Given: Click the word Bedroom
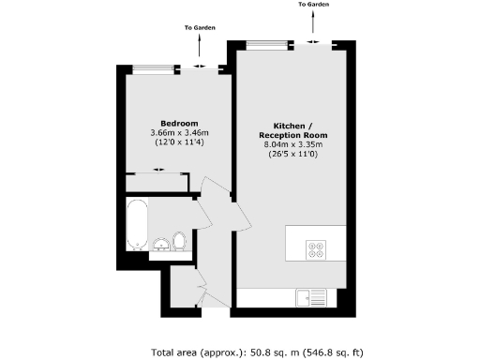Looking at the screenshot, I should pyautogui.click(x=178, y=124).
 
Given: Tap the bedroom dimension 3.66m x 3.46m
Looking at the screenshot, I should pyautogui.click(x=178, y=133).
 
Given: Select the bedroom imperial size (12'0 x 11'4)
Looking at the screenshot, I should pyautogui.click(x=178, y=142).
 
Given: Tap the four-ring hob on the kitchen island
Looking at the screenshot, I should pyautogui.click(x=316, y=248).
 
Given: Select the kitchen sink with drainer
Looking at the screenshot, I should pyautogui.click(x=311, y=298).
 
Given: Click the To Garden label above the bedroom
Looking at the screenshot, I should pyautogui.click(x=200, y=27).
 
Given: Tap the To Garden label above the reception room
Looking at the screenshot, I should pyautogui.click(x=314, y=5).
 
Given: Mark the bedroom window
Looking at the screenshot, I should pyautogui.click(x=156, y=67).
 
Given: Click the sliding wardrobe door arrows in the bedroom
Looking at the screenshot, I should pyautogui.click(x=158, y=170).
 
